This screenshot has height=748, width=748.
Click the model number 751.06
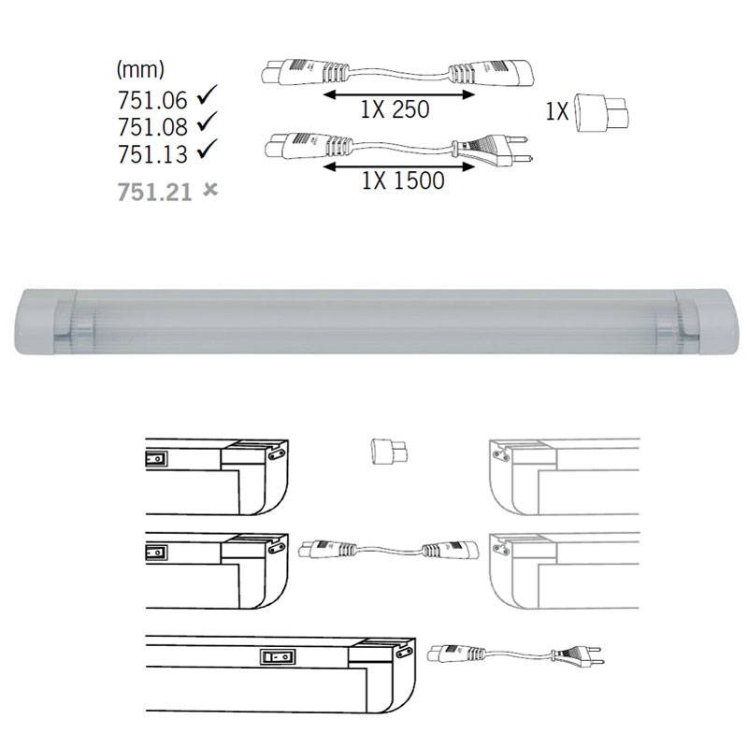click(x=153, y=97)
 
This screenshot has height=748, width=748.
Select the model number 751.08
click(x=153, y=124)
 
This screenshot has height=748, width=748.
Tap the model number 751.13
click(x=153, y=151)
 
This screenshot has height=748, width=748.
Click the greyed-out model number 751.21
click(x=154, y=192)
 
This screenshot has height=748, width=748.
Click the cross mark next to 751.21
click(x=210, y=190)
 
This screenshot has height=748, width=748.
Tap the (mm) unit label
click(x=141, y=69)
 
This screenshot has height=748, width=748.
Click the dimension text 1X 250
click(x=394, y=109)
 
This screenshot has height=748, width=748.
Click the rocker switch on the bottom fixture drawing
click(x=274, y=656)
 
